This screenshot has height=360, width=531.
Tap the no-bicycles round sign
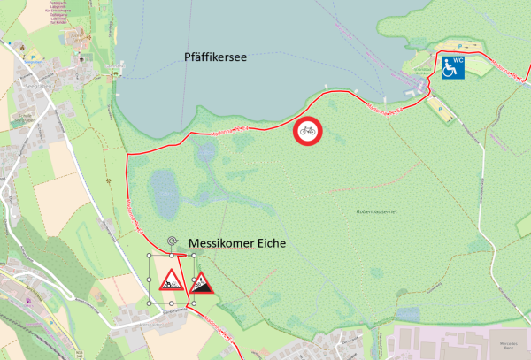(x=307, y=131)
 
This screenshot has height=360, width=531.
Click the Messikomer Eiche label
(x=235, y=244)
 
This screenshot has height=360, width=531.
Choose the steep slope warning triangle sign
(x=202, y=282)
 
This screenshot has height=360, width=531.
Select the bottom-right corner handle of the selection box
(x=193, y=303)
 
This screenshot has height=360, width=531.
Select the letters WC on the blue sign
(x=458, y=58)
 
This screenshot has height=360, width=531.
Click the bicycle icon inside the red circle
(x=307, y=131)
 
